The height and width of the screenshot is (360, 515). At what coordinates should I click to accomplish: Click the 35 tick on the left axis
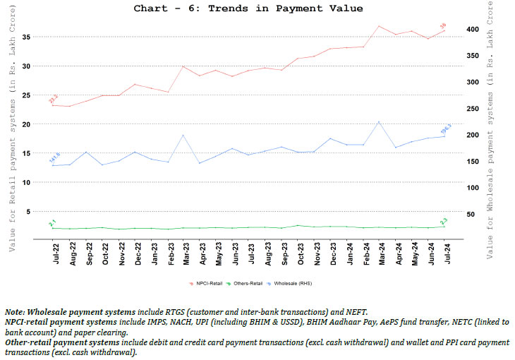(28, 36)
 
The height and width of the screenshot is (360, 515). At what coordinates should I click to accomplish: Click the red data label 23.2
(53, 99)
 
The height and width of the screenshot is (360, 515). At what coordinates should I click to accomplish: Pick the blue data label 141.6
(54, 158)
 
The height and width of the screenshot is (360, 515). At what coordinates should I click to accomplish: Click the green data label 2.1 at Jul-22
(52, 223)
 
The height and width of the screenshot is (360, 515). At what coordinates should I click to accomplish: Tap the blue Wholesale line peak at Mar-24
(380, 121)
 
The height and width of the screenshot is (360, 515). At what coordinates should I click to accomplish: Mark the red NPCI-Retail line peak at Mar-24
(380, 26)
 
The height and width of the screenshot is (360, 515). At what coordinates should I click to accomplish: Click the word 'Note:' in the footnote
(16, 312)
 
